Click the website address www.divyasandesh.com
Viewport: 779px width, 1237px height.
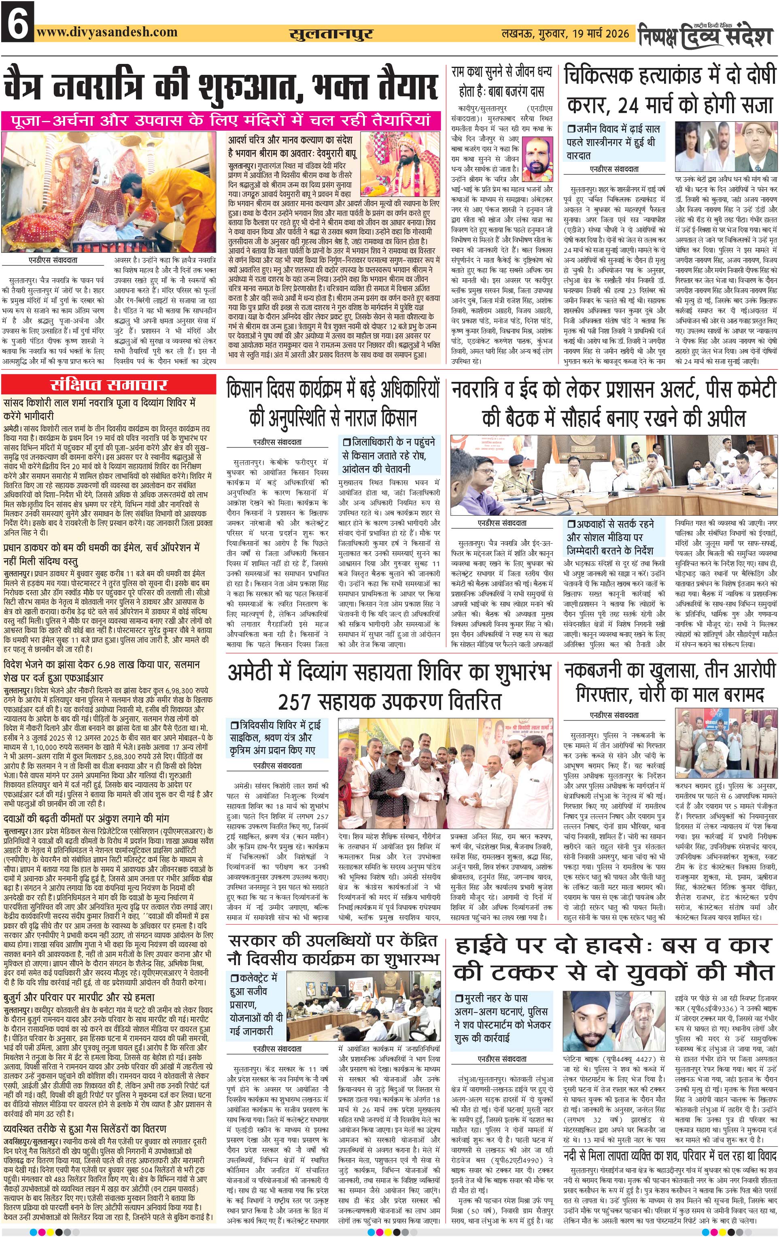coord(107,32)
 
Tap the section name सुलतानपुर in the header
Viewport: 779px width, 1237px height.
coord(331,34)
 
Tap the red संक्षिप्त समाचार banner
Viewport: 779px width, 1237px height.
coord(109,385)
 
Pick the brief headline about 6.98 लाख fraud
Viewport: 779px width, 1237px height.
coord(101,671)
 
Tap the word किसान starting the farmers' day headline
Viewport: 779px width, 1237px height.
coord(248,390)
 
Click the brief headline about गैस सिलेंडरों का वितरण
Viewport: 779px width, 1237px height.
coord(85,1129)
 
